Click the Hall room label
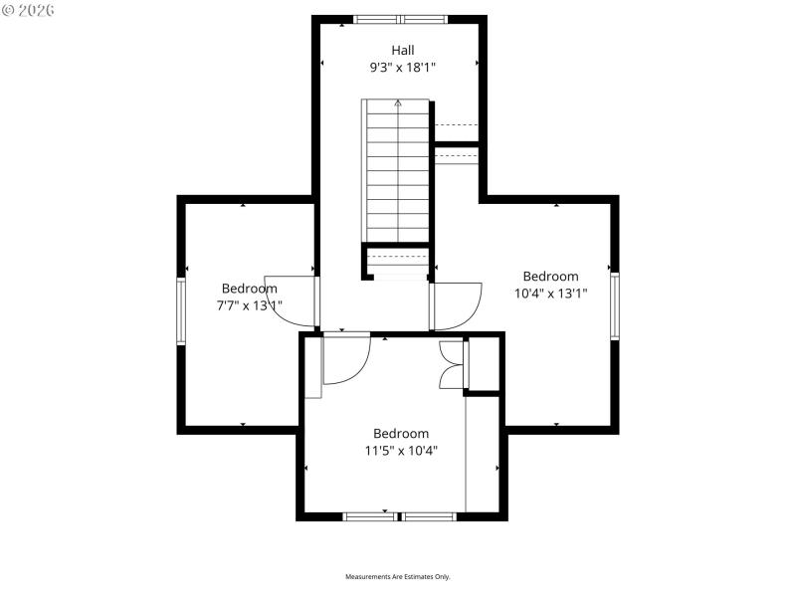point(402,50)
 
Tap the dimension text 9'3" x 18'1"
point(402,68)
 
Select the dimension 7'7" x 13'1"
point(249,305)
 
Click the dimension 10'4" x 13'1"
point(550,294)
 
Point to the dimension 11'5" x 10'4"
point(401,450)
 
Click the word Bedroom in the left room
point(249,289)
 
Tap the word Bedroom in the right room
point(550,277)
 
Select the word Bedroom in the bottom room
point(401,433)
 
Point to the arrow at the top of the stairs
point(398,102)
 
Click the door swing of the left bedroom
point(291,301)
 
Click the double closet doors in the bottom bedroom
point(452,364)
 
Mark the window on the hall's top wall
point(401,19)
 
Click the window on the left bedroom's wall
point(181,311)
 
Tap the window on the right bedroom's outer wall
point(615,305)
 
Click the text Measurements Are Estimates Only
point(398,577)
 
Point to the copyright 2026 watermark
point(29,11)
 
